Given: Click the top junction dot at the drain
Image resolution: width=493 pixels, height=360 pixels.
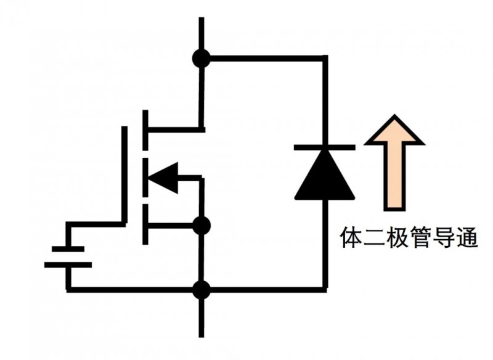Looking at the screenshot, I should (202, 59).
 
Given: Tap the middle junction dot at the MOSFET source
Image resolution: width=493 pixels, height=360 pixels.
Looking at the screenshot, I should (202, 226).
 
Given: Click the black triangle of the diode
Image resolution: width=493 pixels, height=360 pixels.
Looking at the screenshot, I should (325, 176).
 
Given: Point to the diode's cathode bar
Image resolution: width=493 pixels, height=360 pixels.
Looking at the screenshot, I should (325, 147).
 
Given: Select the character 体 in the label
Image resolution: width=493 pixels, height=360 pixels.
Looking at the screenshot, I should (351, 237).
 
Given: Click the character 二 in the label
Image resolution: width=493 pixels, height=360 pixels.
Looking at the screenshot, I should (375, 237).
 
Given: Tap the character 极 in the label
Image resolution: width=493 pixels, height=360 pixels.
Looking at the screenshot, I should (398, 237).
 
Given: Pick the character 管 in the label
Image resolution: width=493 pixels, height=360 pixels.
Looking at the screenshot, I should (422, 237).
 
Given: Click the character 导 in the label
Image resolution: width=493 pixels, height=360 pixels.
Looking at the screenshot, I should (445, 237).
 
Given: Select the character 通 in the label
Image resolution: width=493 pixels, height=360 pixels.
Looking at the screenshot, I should (468, 237).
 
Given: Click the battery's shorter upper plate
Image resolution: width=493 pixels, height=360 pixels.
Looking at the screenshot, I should (68, 249).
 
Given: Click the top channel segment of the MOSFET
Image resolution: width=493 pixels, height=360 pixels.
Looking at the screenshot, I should (146, 130).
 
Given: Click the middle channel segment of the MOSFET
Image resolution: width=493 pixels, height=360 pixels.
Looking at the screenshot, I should (146, 178).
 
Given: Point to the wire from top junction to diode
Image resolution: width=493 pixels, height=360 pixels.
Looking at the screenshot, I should (265, 59).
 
